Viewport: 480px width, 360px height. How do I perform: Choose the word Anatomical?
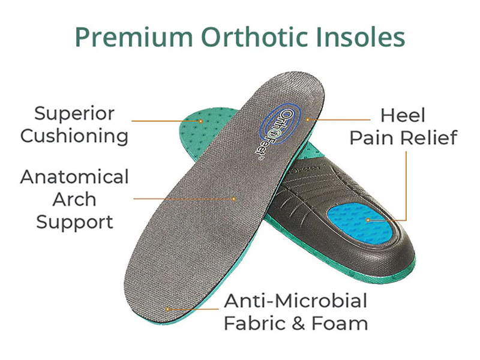[x=74, y=177]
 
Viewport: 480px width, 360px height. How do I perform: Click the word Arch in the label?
[x=74, y=199]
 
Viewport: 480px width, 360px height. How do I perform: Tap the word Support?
[x=74, y=222]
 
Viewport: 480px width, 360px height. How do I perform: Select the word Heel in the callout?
[x=403, y=115]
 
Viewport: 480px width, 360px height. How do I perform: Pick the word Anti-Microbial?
[x=295, y=300]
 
